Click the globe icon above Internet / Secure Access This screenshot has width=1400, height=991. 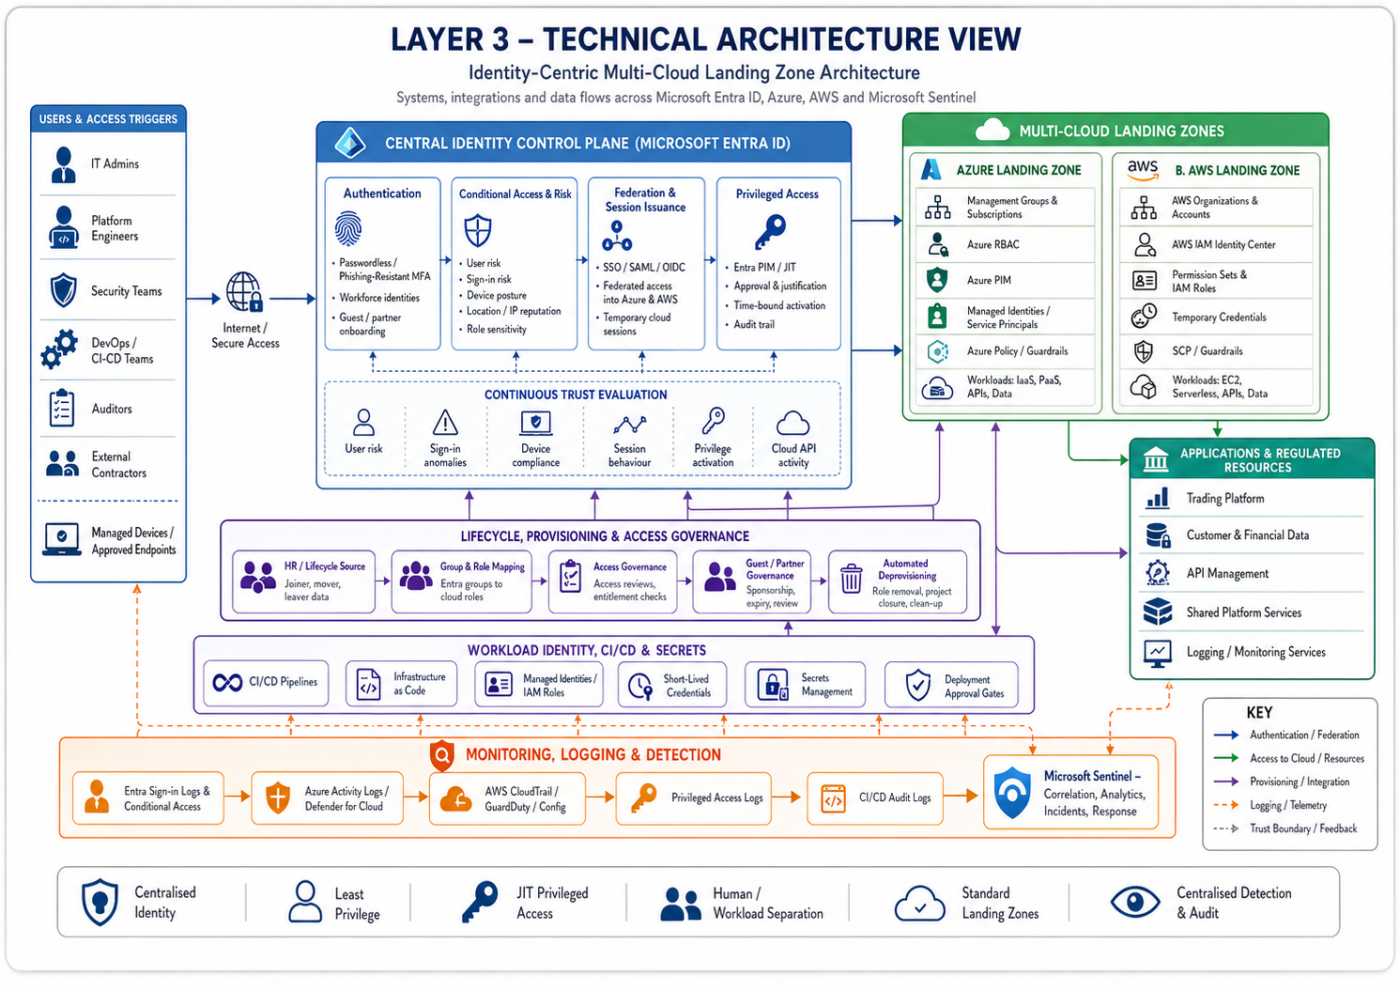point(244,293)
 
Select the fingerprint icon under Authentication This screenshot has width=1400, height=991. point(348,228)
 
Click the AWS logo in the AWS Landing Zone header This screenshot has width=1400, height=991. point(1143,169)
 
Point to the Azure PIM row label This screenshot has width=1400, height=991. point(989,280)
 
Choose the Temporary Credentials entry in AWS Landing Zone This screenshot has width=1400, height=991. point(1219,317)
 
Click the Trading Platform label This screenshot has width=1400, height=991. point(1224,499)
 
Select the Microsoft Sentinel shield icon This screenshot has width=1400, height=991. point(1012,793)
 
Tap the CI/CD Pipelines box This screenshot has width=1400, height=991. point(266,683)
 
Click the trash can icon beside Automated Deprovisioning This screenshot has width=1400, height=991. point(851,580)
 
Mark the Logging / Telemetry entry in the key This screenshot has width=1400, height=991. point(1287,806)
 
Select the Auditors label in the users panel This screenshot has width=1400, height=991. point(112,410)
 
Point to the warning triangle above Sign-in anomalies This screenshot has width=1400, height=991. point(445,423)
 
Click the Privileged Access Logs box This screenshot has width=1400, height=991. point(693,798)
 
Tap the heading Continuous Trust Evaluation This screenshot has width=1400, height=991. point(576,395)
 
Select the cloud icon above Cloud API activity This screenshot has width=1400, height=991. point(792,423)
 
